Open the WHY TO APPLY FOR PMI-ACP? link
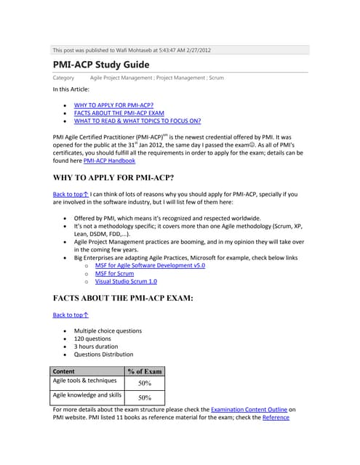pyautogui.click(x=113, y=105)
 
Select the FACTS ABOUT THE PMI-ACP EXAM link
pyautogui.click(x=118, y=113)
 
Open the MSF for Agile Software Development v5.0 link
pyautogui.click(x=150, y=266)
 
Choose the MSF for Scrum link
pyautogui.click(x=114, y=274)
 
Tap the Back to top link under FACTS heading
pyautogui.click(x=71, y=315)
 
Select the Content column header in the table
pyautogui.click(x=65, y=371)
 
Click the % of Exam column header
pyautogui.click(x=144, y=371)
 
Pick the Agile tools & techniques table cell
pyautogui.click(x=85, y=380)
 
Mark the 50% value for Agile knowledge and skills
pyautogui.click(x=144, y=397)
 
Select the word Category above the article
pyautogui.click(x=64, y=76)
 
